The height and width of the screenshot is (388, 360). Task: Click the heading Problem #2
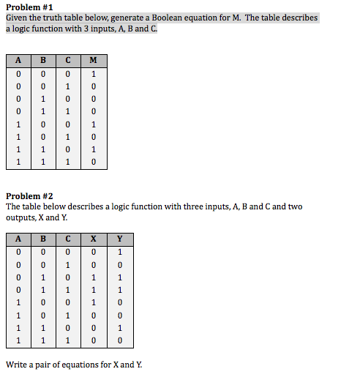30,196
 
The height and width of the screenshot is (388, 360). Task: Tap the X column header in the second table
94,238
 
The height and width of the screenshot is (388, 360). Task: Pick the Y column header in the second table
119,238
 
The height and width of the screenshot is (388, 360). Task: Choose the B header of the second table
43,238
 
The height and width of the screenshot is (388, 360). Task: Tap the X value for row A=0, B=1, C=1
94,290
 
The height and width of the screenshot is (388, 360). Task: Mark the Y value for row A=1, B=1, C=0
119,328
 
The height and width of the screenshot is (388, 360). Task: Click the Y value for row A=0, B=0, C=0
119,252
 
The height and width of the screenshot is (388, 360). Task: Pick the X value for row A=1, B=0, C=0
94,302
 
